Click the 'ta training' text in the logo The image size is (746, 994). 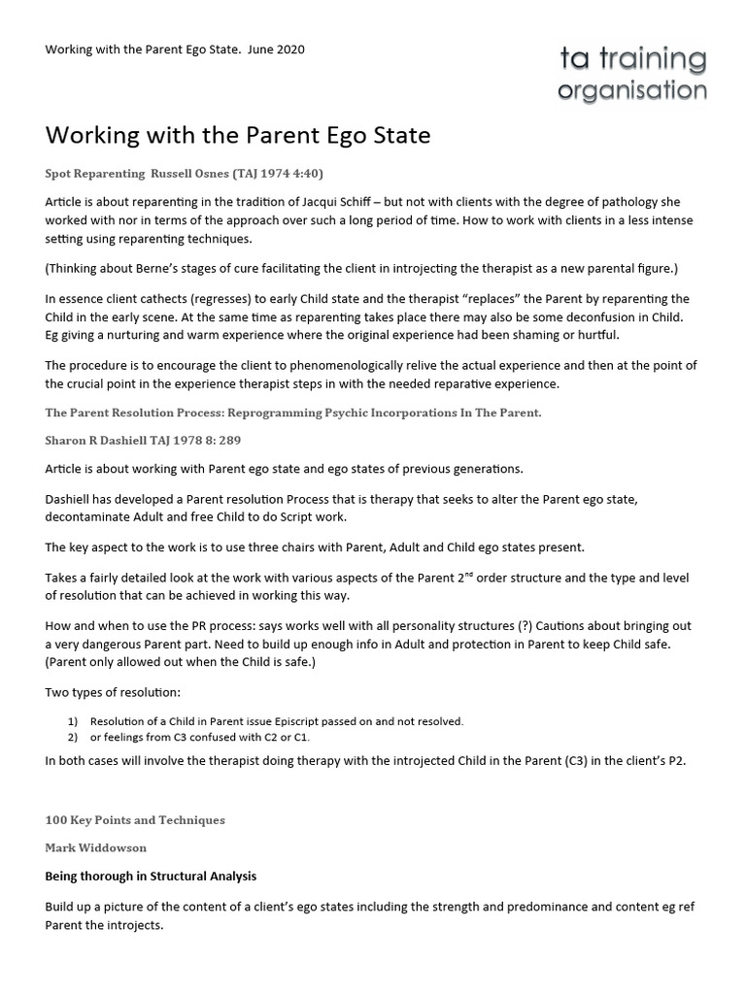tap(631, 59)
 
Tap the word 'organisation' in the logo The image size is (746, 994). tap(631, 91)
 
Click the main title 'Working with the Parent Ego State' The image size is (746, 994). tap(237, 134)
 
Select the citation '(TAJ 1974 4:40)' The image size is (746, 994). tap(274, 174)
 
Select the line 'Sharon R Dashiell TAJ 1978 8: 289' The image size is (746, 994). tap(143, 440)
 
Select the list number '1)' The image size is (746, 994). tap(72, 721)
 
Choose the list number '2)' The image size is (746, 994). tap(72, 737)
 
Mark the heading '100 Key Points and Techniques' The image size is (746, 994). tap(135, 820)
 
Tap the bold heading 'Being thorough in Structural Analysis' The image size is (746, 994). tap(151, 876)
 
